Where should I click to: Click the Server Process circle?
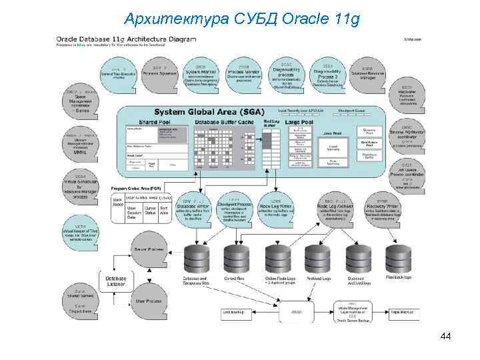coord(149,249)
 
